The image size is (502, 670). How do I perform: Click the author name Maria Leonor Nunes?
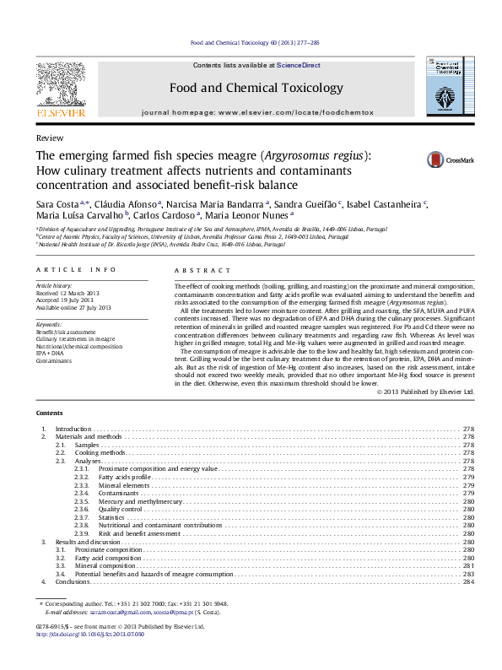251,216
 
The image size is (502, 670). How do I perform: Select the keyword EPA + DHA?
50,352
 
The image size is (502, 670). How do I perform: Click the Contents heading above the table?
49,413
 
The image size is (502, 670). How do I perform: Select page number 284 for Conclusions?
468,582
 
